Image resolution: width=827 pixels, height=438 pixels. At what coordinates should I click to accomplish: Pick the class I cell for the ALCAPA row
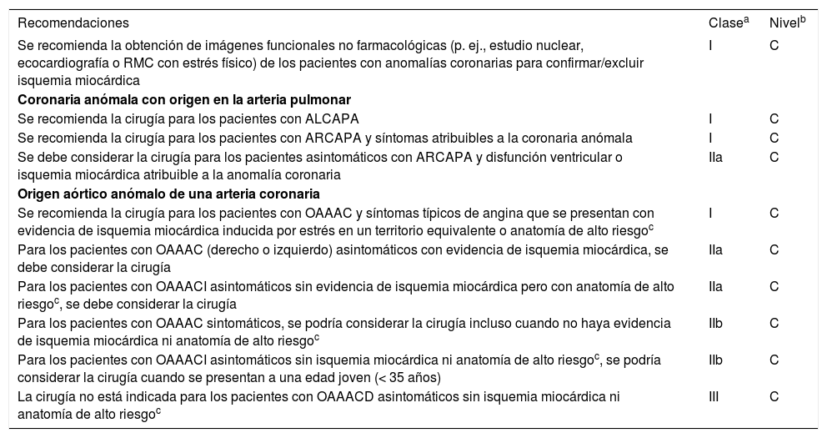[x=710, y=118]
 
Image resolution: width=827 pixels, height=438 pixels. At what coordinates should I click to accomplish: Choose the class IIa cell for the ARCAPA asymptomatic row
[x=715, y=156]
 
